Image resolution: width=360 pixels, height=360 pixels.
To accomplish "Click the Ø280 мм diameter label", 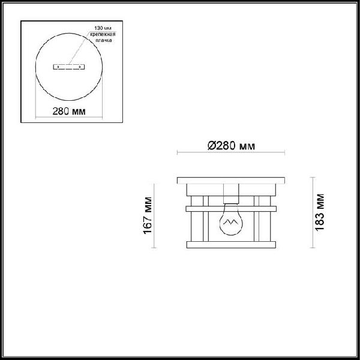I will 230,146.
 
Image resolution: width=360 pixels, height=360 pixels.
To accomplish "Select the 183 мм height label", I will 320,212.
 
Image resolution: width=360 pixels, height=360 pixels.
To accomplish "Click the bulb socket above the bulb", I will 231,195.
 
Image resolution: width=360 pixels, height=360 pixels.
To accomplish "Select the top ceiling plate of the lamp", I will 231,181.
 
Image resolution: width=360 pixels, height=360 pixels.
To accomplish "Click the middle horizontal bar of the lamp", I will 231,209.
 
